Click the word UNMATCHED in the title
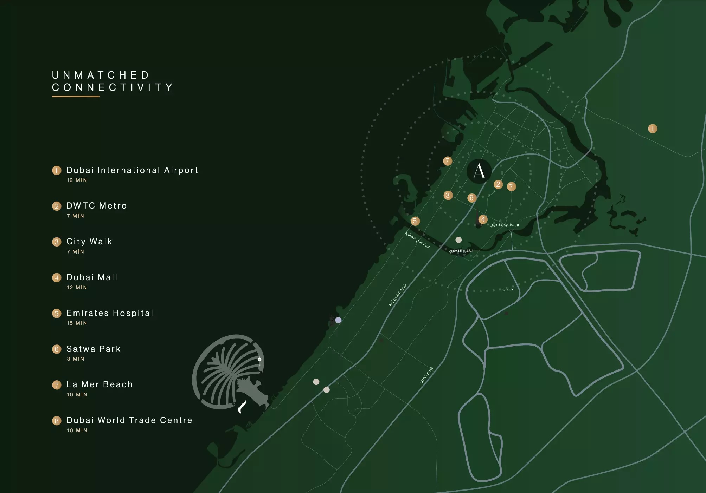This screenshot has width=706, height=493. pos(101,75)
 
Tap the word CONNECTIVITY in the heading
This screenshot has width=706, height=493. pos(113,87)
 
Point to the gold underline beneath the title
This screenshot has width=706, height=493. pos(76,96)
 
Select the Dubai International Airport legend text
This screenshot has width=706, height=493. pos(132,170)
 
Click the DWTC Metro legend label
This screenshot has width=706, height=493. pos(96,206)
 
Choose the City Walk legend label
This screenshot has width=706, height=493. pos(89,242)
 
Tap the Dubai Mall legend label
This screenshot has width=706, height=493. pos(92,277)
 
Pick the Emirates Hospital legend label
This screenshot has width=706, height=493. pos(110,313)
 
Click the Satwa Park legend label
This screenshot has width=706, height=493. pos(94,349)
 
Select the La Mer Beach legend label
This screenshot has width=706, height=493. pos(100,384)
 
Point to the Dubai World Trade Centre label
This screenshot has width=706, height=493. pos(129,420)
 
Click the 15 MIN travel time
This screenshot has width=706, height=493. pos(77,323)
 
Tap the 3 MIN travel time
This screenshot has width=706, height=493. pos(76,359)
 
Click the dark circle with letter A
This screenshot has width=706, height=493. pos(479,171)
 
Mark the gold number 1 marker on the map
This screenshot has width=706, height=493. pos(653,129)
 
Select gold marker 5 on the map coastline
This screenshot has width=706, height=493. pos(415,221)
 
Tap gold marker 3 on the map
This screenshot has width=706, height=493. pos(448,195)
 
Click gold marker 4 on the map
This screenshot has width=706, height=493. pos(483,219)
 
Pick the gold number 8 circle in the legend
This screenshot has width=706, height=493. pos(57,421)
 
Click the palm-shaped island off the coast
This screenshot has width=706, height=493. pos(229,372)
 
